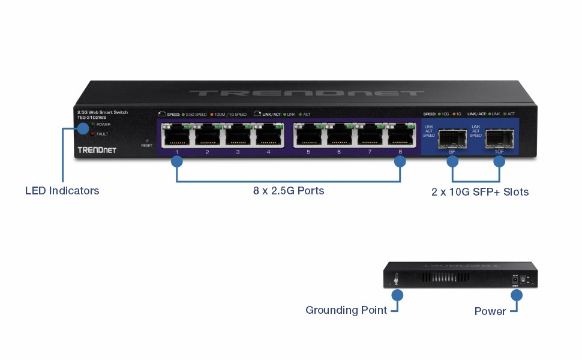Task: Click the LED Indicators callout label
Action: (x=62, y=191)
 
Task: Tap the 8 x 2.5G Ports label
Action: (x=288, y=191)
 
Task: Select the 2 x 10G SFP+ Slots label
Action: (x=480, y=192)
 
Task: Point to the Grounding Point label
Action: (x=345, y=310)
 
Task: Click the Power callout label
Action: (x=490, y=311)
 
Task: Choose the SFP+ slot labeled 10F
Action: (x=499, y=139)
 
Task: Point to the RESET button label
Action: (x=147, y=146)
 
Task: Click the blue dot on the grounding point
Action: (x=397, y=295)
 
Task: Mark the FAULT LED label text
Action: (x=102, y=134)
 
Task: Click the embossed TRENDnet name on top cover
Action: (x=306, y=94)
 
